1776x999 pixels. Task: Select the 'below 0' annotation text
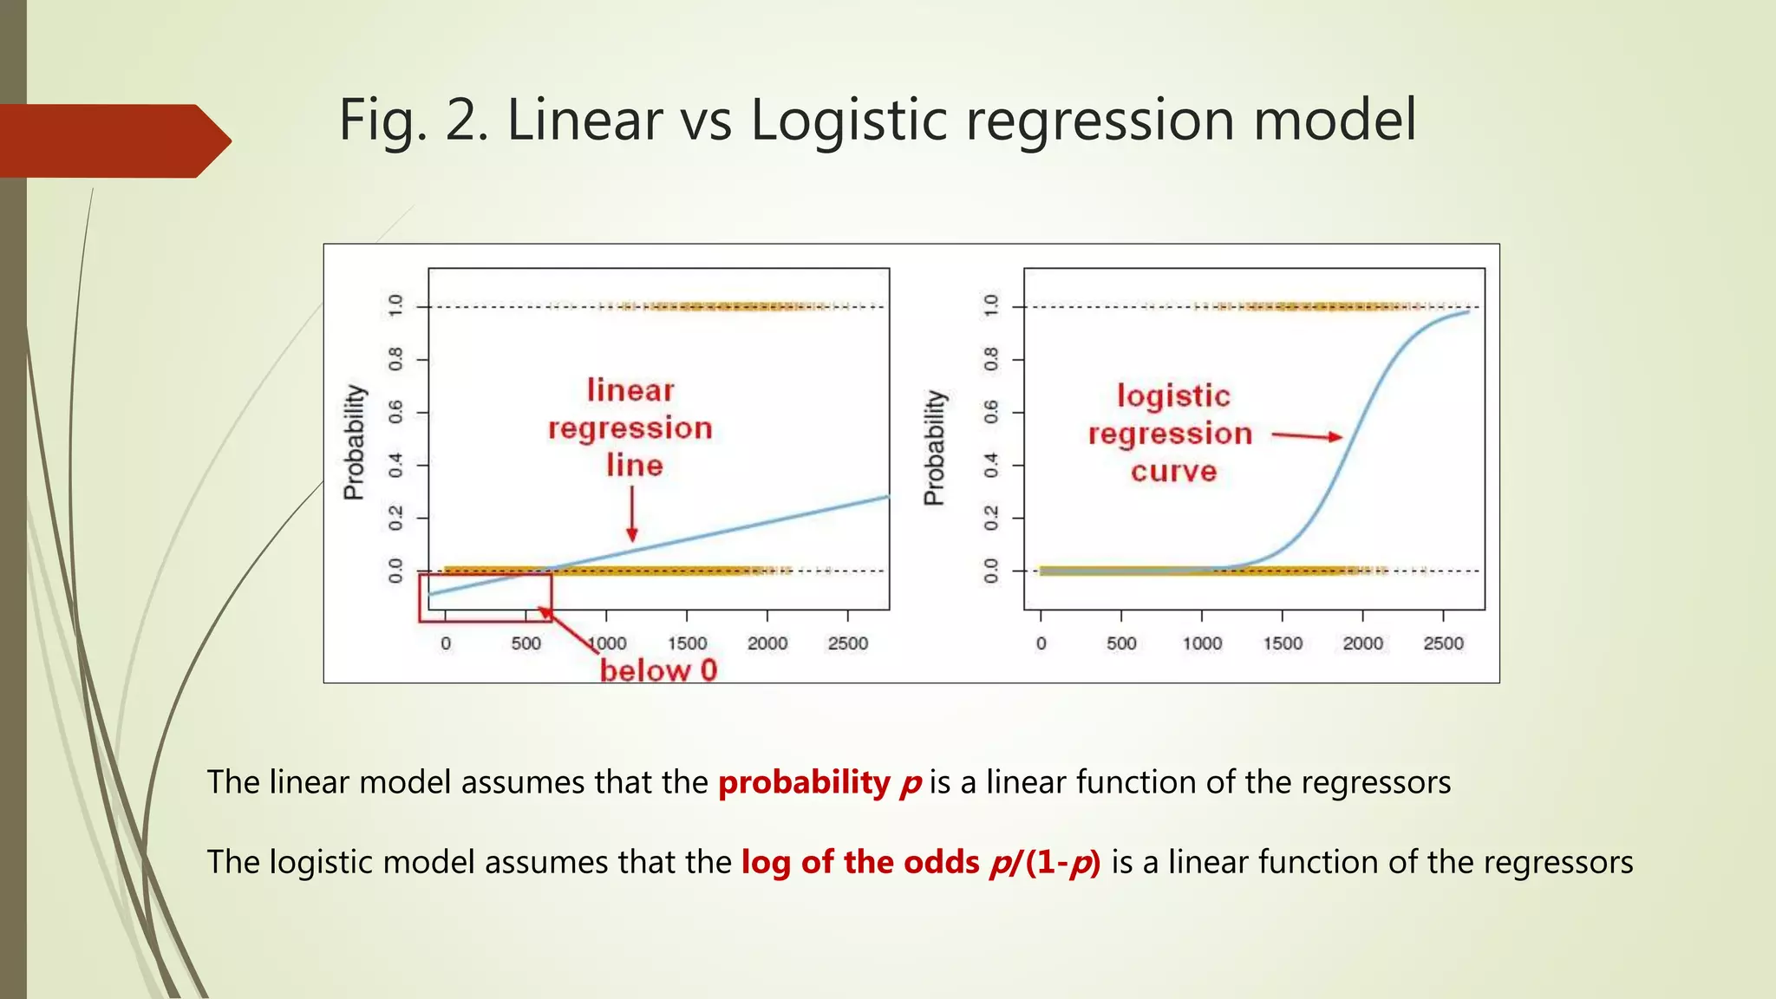click(659, 670)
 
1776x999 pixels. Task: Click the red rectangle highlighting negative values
click(485, 597)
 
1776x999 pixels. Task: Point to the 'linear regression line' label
click(630, 428)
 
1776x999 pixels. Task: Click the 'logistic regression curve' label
click(1172, 434)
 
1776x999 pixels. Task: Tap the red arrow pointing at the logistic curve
click(1306, 435)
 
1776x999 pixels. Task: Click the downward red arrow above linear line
click(632, 513)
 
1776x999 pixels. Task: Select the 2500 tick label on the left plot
click(847, 643)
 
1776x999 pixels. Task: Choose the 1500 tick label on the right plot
click(1283, 643)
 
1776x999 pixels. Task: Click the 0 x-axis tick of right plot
click(1041, 643)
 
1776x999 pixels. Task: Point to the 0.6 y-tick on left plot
click(396, 412)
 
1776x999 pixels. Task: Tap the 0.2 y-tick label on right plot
click(991, 518)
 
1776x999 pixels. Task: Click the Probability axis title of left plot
click(354, 442)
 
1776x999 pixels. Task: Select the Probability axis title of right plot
click(934, 447)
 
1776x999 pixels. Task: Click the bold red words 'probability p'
click(819, 782)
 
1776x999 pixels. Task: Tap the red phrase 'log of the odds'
click(859, 862)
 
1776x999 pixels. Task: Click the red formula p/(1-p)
click(1045, 862)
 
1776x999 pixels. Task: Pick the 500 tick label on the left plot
click(526, 643)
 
